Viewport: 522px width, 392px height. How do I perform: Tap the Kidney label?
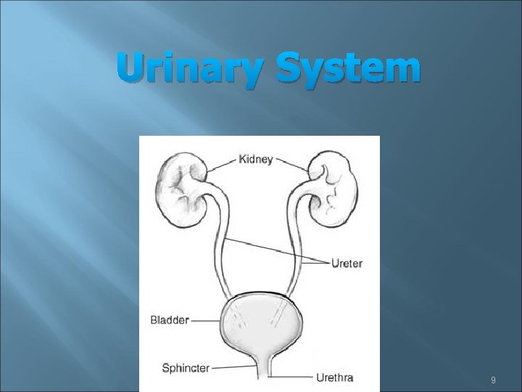pyautogui.click(x=256, y=158)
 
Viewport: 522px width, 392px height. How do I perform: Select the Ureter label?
pyautogui.click(x=346, y=263)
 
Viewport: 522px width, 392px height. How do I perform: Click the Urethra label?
pyautogui.click(x=334, y=377)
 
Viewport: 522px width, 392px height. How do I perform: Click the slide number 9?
pyautogui.click(x=493, y=380)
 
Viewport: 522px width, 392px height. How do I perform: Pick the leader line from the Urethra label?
pyautogui.click(x=290, y=377)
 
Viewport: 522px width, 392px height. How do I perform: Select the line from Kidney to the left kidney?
pyautogui.click(x=221, y=164)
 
